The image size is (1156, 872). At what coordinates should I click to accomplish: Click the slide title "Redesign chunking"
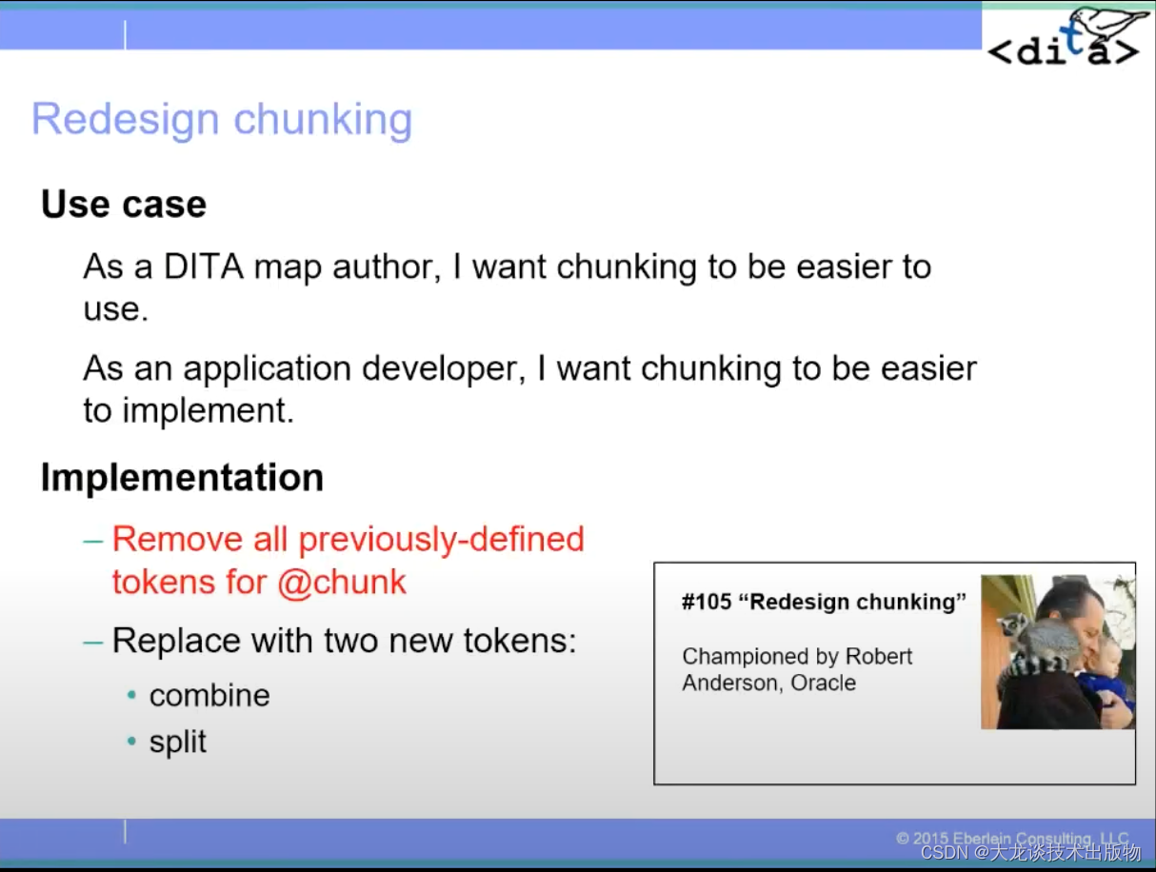[222, 120]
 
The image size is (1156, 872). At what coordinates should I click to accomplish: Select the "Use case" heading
[124, 205]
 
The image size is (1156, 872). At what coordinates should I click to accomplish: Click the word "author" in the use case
[385, 268]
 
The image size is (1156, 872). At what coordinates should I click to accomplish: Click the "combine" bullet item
[209, 696]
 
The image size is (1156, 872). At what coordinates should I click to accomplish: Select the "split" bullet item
[177, 743]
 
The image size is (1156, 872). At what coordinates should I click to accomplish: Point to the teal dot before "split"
[132, 743]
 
